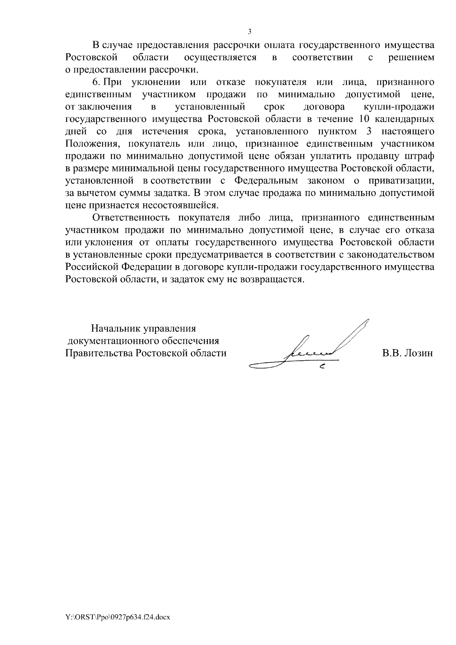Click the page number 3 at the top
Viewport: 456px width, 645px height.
(250, 32)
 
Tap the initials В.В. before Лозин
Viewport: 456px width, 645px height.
(391, 353)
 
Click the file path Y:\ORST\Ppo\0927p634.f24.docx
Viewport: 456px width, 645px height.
(118, 618)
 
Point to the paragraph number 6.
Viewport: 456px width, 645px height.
(96, 82)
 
